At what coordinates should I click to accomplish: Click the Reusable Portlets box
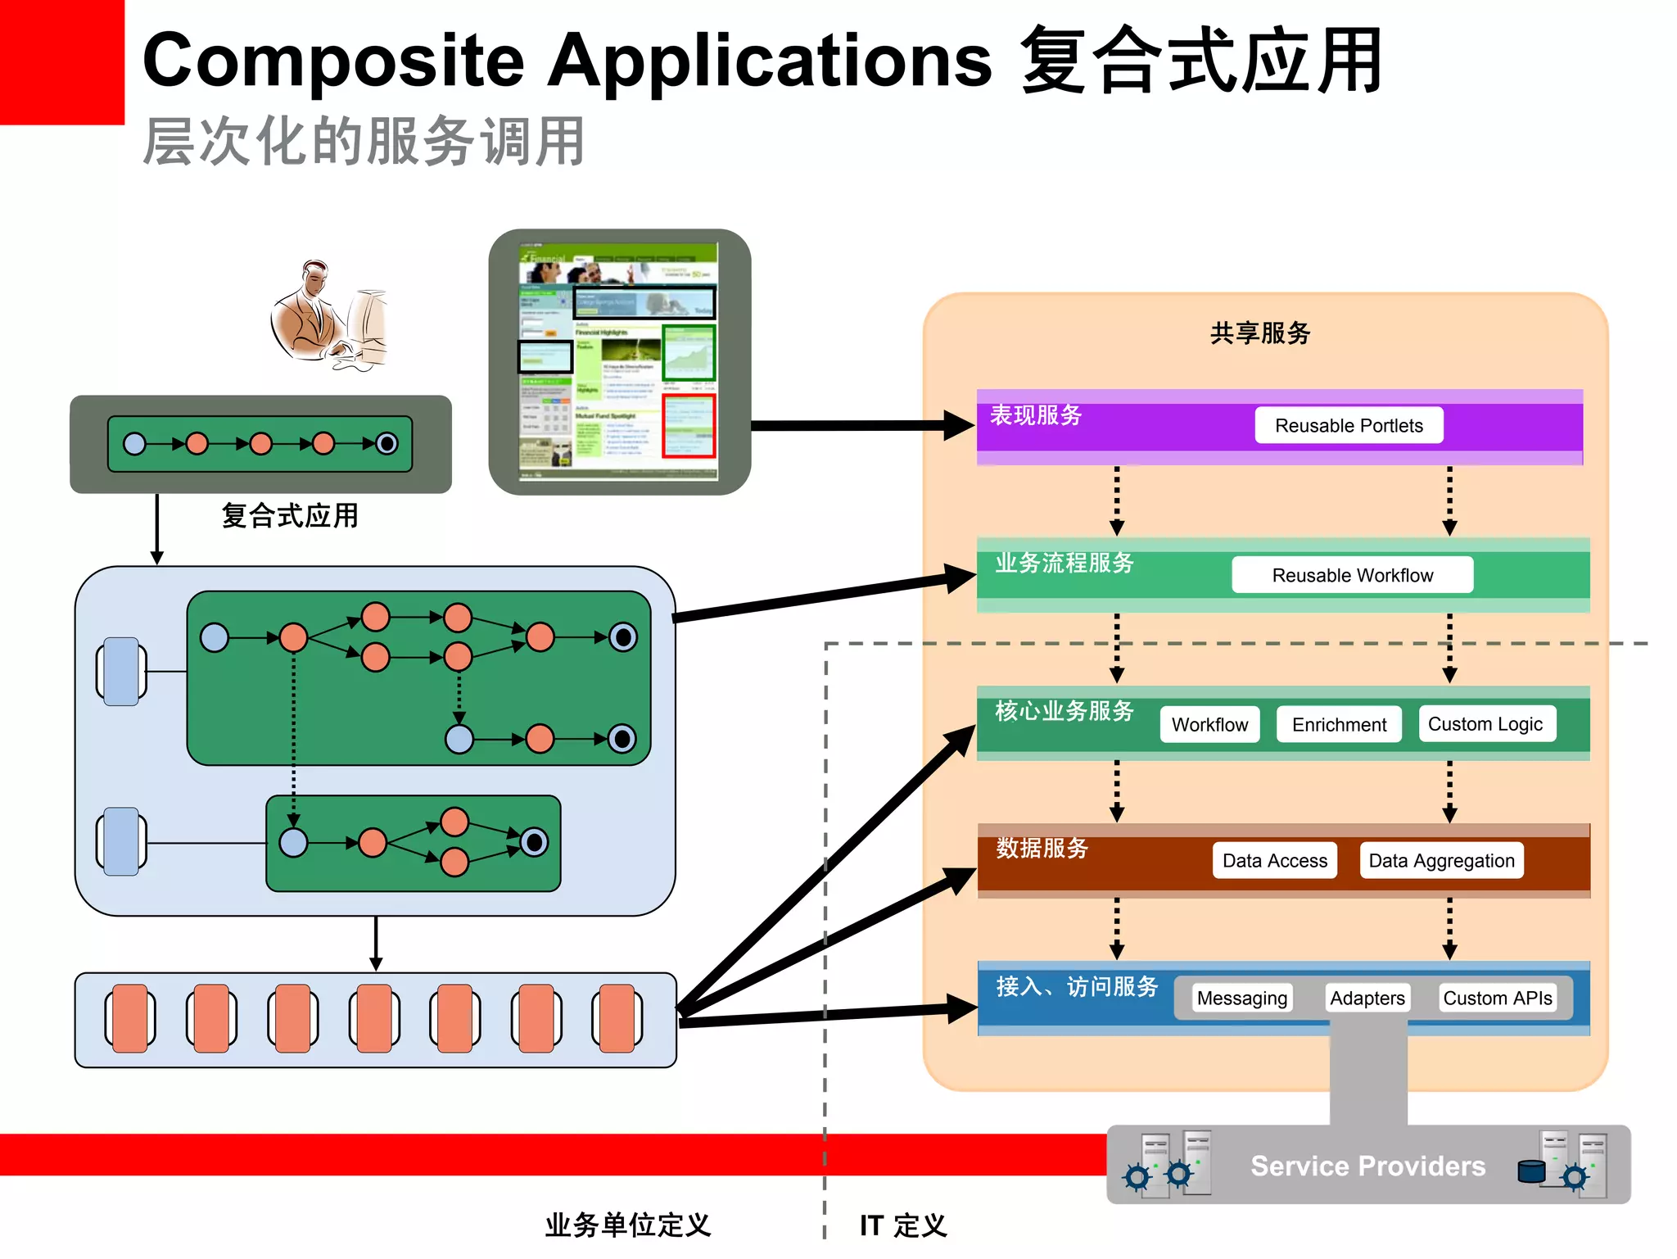[1348, 425]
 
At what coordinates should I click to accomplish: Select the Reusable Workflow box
[1352, 575]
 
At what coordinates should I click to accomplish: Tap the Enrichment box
[1338, 724]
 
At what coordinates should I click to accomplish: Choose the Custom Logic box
[1485, 724]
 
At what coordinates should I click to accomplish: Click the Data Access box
[1274, 860]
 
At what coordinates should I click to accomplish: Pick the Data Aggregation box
[1441, 860]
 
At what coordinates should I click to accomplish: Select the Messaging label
[1241, 998]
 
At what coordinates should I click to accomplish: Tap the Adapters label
[1367, 998]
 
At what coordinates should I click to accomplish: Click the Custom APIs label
[1497, 998]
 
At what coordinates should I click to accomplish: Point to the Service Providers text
[1367, 1166]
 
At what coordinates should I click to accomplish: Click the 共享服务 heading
[1260, 333]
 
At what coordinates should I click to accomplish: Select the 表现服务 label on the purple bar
[1036, 415]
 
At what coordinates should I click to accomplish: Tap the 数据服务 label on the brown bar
[1042, 848]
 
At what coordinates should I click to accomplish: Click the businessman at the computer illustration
[328, 315]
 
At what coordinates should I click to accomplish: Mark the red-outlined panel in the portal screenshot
[689, 426]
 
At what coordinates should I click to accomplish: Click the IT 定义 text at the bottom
[903, 1225]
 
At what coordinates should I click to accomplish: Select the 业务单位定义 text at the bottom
[628, 1225]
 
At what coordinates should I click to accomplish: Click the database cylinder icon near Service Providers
[1530, 1171]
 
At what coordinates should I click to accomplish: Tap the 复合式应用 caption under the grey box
[290, 516]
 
